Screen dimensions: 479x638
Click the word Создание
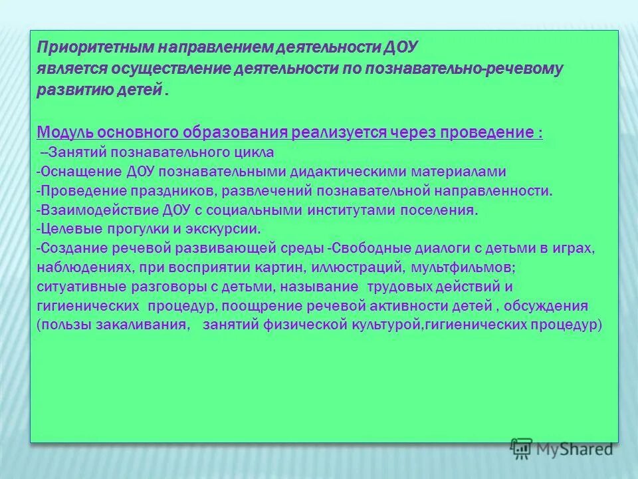click(72, 249)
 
